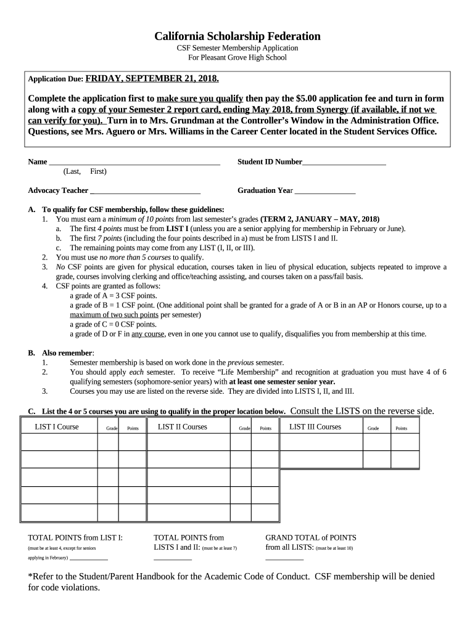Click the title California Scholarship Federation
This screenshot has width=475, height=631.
coord(238,36)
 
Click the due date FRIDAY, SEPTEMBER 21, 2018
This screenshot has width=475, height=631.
coord(152,79)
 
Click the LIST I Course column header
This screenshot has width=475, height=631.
coord(57,426)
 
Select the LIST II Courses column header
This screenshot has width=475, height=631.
coord(182,426)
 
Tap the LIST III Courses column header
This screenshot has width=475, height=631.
coord(315,426)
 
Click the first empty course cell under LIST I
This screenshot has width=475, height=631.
coord(59,442)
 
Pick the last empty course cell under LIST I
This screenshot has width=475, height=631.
coord(59,513)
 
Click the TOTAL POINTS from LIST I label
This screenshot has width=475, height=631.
coord(75,537)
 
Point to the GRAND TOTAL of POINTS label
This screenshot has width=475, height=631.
coord(310,537)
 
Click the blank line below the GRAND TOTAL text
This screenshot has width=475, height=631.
coord(284,559)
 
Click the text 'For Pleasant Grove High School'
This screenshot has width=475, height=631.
coord(238,58)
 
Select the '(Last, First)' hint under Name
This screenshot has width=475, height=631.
coord(85,171)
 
